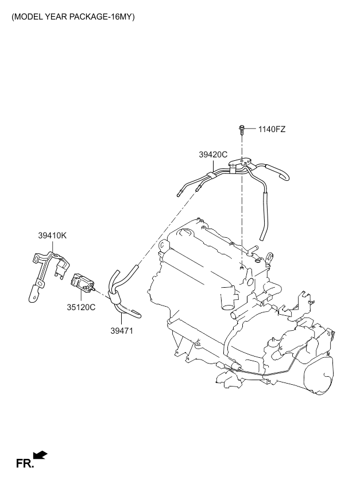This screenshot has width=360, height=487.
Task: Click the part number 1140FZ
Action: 272,129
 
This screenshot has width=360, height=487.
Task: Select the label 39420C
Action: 214,154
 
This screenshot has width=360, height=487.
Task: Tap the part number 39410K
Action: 53,235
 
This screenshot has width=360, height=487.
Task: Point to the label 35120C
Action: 81,307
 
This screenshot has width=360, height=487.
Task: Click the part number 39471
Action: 121,331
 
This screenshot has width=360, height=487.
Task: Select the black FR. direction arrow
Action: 40,455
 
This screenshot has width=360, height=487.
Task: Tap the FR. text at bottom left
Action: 24,463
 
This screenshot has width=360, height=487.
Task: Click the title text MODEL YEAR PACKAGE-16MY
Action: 73,17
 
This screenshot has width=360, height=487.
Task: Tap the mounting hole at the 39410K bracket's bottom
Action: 33,296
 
